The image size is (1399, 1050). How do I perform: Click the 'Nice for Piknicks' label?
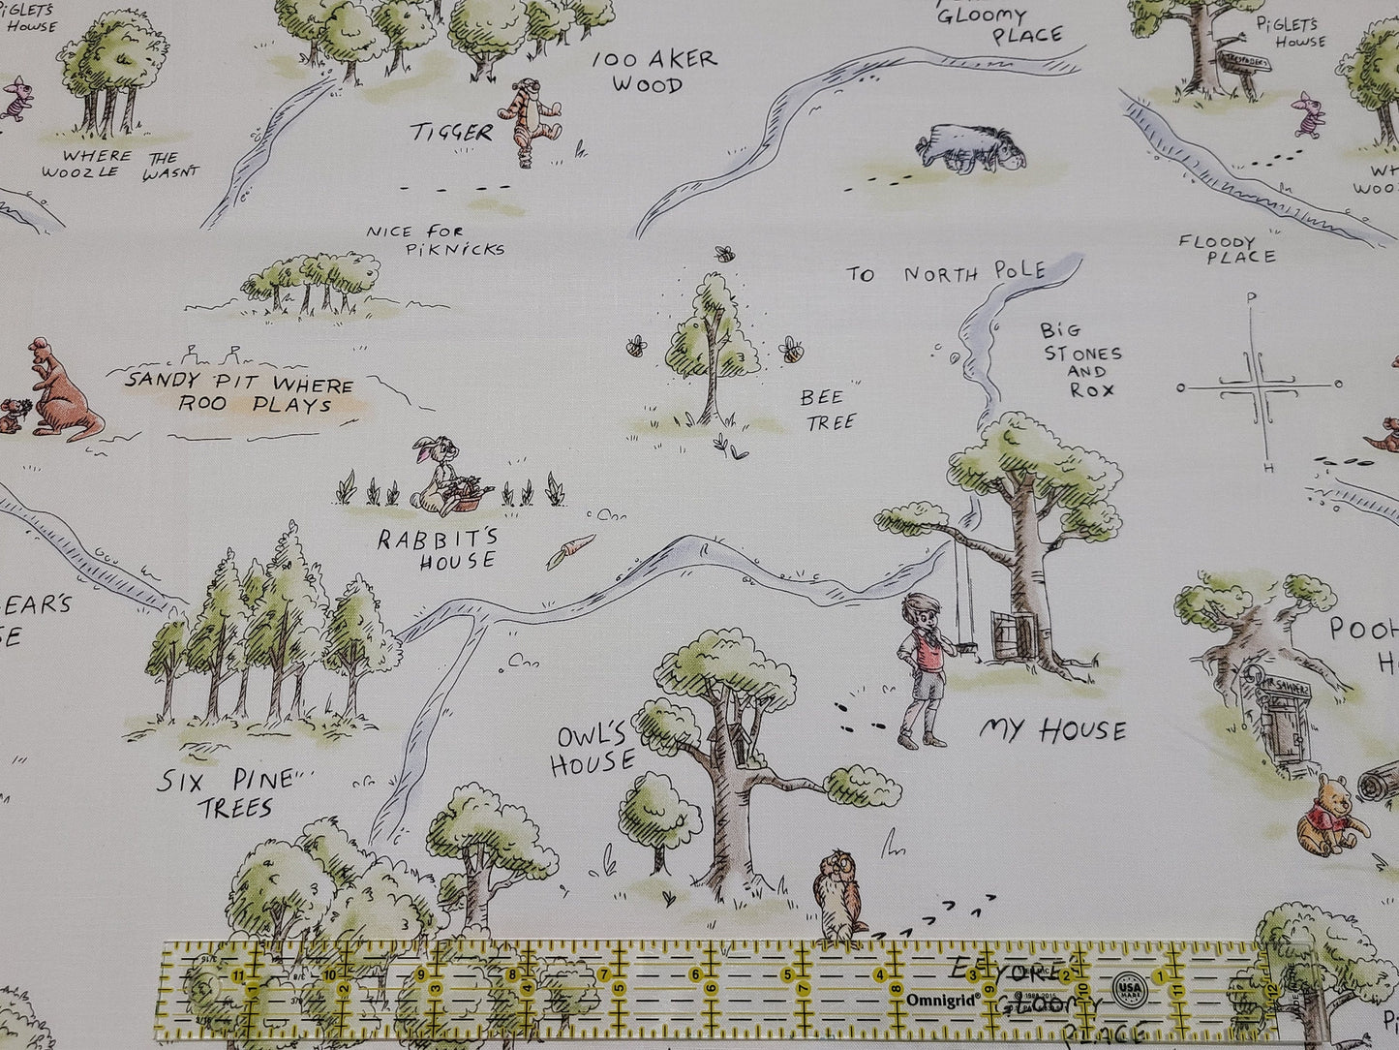click(x=436, y=240)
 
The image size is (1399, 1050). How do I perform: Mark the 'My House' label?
click(x=1052, y=729)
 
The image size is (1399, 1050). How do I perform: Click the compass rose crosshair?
click(x=1259, y=386)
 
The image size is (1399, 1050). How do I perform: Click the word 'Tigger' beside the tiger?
click(x=451, y=132)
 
